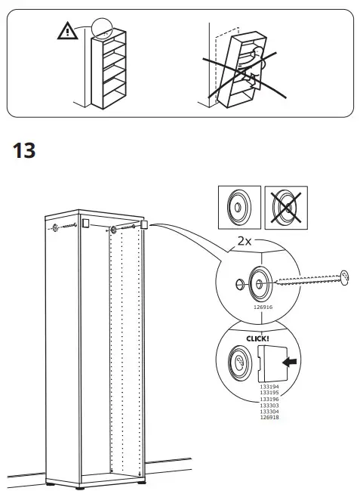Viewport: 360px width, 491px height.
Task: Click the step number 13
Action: (x=24, y=150)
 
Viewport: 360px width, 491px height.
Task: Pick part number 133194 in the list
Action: (x=269, y=386)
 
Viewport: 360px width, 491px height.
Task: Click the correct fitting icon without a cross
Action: (x=238, y=205)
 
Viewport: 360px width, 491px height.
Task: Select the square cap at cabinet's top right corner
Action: (x=143, y=224)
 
